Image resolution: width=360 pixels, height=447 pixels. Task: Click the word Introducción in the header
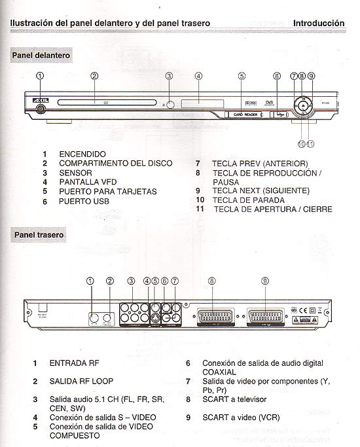point(319,23)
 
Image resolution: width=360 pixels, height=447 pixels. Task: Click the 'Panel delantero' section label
point(41,56)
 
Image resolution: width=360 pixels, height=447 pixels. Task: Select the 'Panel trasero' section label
point(38,234)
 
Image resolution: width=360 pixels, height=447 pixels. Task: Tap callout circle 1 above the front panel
point(40,76)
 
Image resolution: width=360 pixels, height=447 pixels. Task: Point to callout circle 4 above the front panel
point(198,76)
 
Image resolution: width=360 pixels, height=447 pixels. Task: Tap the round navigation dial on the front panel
point(303,105)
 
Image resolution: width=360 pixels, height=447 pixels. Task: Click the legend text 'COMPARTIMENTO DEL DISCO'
point(116,163)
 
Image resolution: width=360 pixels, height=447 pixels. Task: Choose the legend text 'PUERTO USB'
point(84,202)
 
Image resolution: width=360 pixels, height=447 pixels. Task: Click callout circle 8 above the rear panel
point(211,281)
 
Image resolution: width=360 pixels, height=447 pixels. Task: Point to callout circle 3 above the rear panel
point(131,281)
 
